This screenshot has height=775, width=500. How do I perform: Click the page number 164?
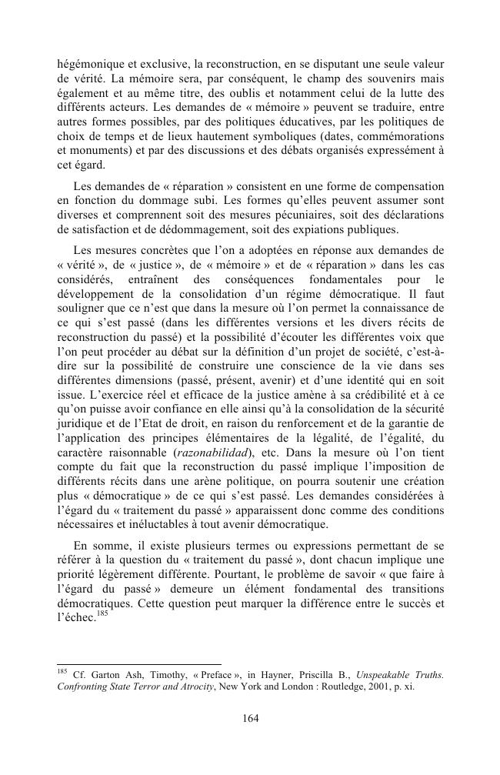(x=249, y=718)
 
